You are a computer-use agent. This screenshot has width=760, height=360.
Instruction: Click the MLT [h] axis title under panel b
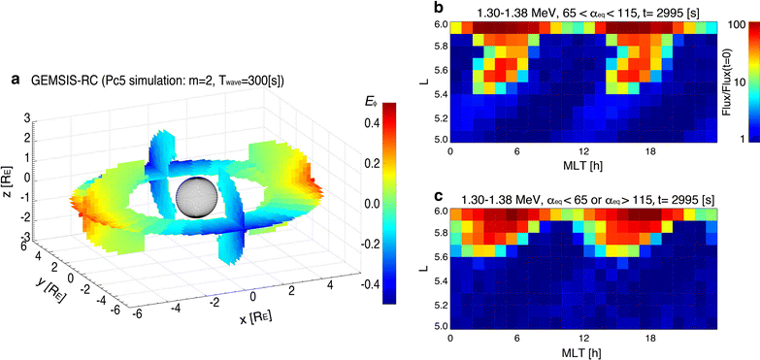click(x=581, y=167)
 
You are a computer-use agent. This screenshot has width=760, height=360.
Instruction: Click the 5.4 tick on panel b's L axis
click(x=440, y=94)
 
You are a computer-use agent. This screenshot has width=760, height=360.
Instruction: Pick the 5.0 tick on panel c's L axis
click(x=440, y=326)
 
